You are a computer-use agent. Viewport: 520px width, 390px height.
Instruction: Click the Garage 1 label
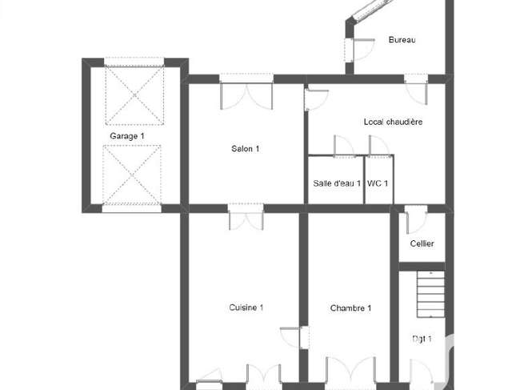coord(127,136)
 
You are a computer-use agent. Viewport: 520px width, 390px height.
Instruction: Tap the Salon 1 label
coord(245,149)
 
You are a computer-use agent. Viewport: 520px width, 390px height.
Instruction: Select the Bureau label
coord(402,40)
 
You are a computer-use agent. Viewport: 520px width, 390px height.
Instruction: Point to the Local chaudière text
coord(393,122)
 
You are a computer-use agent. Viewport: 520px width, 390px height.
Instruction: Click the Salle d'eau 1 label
coord(337,183)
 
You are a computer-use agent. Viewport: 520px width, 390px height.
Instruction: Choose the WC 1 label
coord(378,183)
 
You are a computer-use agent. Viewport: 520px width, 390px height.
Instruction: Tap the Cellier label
coord(422,243)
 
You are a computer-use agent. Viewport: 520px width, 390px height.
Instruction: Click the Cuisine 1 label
coord(246,308)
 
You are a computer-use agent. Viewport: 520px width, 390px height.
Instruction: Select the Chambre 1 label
coord(350,308)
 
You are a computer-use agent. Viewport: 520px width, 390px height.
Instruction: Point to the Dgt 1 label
coord(422,339)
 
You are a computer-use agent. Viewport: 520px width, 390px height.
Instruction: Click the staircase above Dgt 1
coord(430,294)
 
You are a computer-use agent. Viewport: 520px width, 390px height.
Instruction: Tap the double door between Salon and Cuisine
coord(246,217)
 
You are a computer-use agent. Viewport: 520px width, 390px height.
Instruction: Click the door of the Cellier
coord(416,219)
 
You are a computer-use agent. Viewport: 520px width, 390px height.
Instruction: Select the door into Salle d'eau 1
coord(343,146)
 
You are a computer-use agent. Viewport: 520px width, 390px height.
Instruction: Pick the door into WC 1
coord(379,146)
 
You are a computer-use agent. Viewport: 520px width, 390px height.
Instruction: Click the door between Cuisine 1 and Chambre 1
coord(295,338)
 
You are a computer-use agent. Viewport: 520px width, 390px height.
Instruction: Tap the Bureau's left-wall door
coord(360,50)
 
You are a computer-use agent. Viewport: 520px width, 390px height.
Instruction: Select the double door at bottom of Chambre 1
coord(351,372)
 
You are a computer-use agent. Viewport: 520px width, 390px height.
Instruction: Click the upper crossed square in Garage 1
coord(134,95)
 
